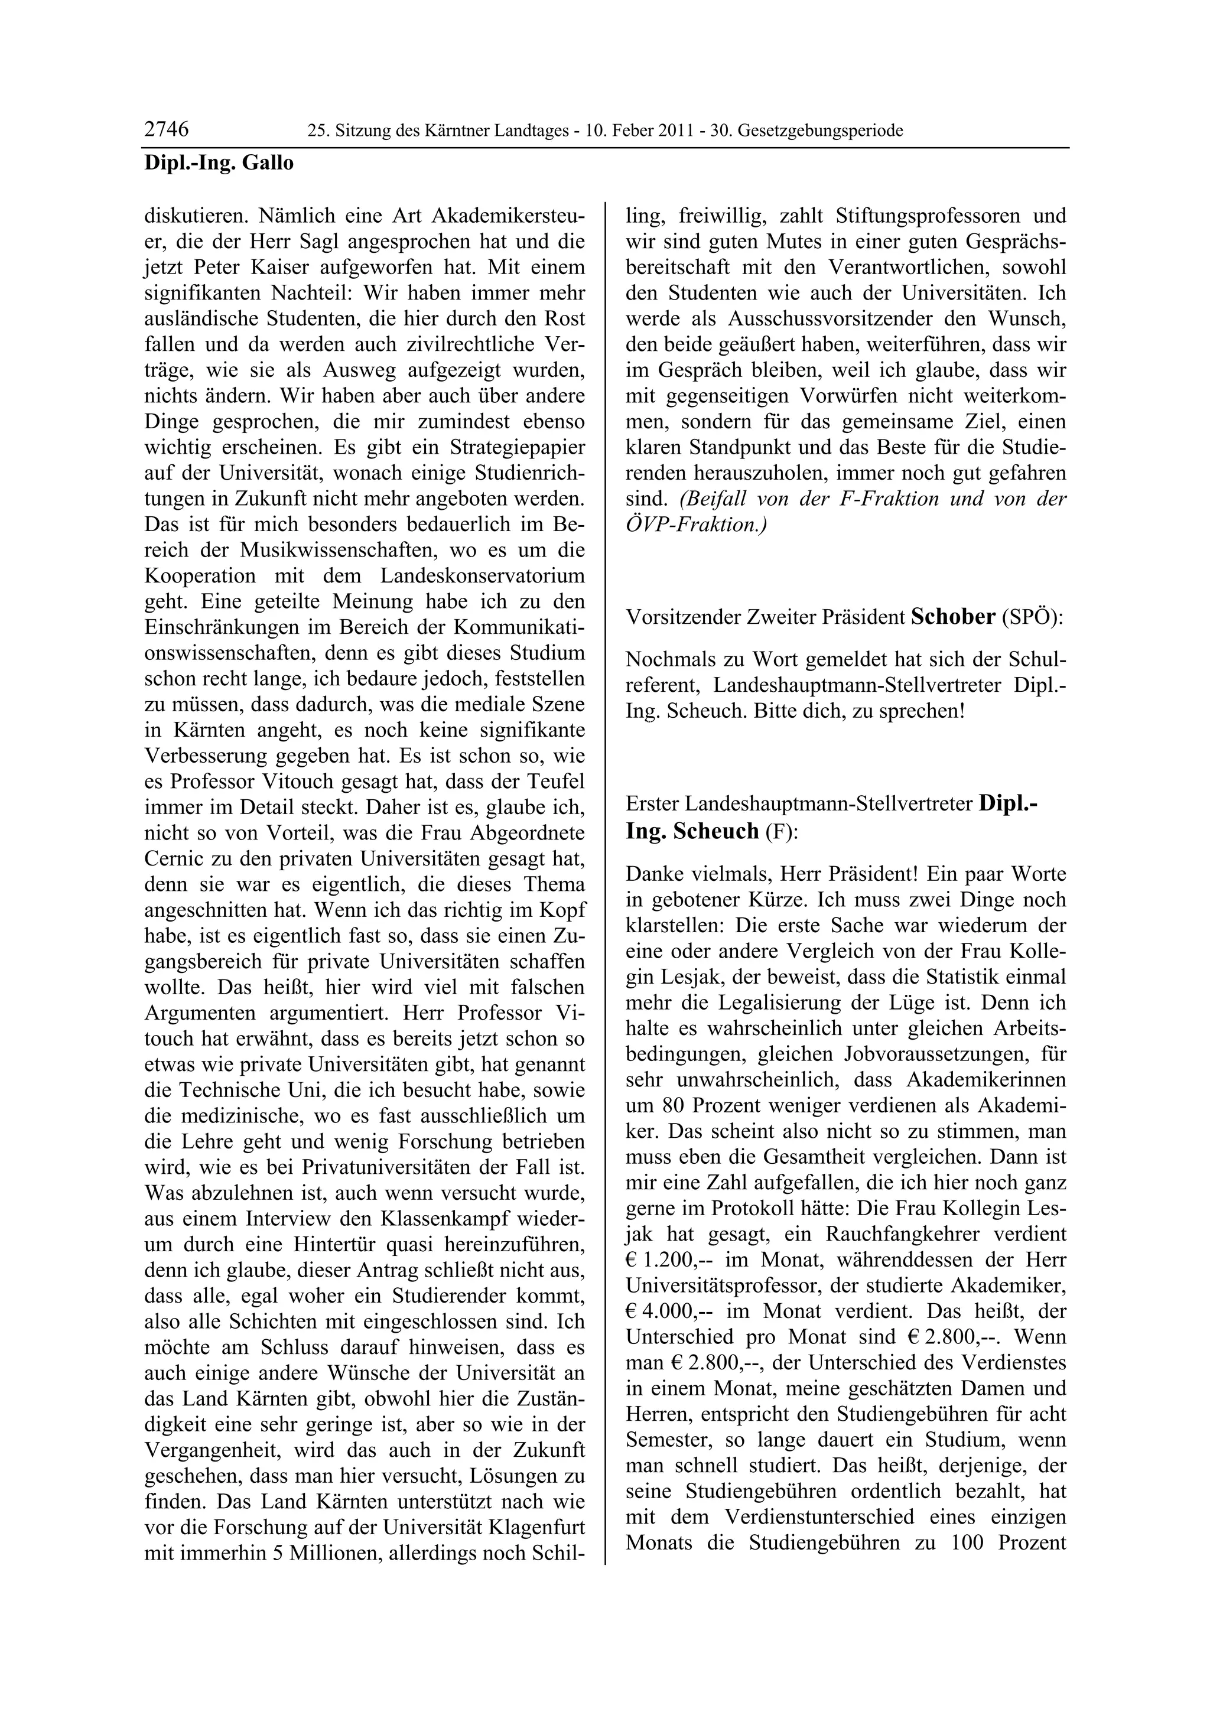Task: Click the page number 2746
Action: point(166,130)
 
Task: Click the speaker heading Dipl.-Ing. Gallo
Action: point(219,162)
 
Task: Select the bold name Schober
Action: point(953,617)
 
